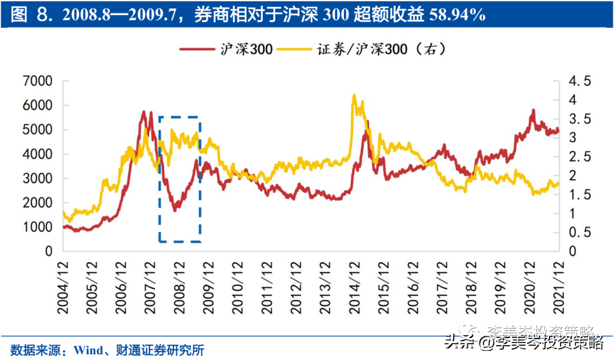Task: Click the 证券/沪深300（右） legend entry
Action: point(370,49)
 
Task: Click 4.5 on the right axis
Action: point(580,81)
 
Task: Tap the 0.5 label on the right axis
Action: point(580,233)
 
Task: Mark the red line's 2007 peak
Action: point(144,111)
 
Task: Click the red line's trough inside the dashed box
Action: point(175,210)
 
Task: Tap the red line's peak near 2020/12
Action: point(533,110)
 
